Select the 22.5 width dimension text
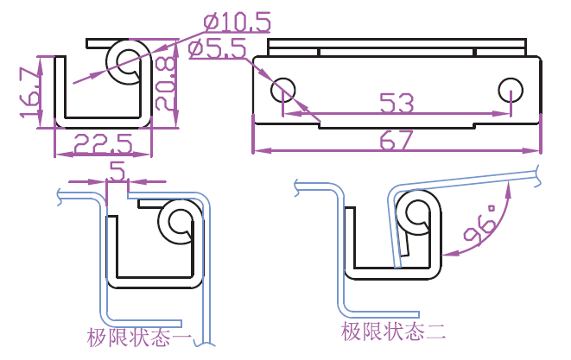point(103,143)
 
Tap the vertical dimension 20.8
point(166,83)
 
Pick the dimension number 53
point(397,104)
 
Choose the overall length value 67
point(397,141)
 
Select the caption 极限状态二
point(393,331)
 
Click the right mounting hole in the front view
point(511,90)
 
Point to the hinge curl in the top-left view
point(126,61)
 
